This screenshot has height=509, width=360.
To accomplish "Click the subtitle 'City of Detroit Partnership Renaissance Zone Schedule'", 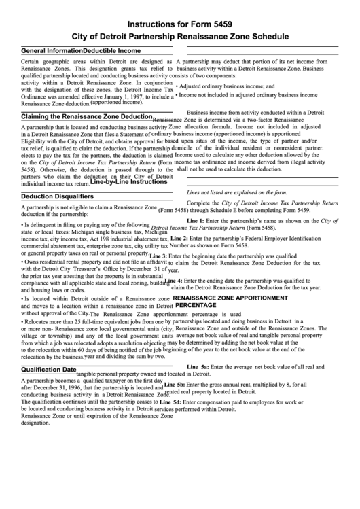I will pyautogui.click(x=180, y=35).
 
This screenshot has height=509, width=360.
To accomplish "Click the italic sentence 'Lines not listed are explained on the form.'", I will pyautogui.click(x=228, y=192).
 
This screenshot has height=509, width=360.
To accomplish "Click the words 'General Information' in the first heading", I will pyautogui.click(x=52, y=51).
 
